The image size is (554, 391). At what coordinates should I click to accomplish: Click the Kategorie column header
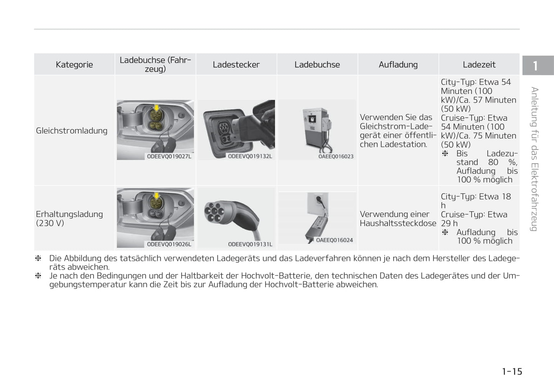pyautogui.click(x=74, y=64)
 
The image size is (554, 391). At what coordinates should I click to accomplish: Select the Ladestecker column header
pyautogui.click(x=236, y=64)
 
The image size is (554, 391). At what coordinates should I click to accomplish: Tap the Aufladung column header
pyautogui.click(x=398, y=64)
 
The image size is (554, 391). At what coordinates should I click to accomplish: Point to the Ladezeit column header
pyautogui.click(x=479, y=64)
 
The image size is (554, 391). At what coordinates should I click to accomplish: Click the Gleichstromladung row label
pyautogui.click(x=72, y=131)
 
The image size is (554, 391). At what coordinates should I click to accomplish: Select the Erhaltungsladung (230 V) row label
pyautogui.click(x=69, y=218)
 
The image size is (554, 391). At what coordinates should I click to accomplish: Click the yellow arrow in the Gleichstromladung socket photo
pyautogui.click(x=156, y=108)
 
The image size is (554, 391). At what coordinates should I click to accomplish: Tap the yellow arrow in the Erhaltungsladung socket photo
pyautogui.click(x=156, y=196)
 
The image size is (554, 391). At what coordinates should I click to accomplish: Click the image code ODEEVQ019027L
pyautogui.click(x=169, y=157)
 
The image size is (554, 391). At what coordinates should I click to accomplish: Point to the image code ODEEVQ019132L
pyautogui.click(x=250, y=157)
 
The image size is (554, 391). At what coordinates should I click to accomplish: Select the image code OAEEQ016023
pyautogui.click(x=336, y=157)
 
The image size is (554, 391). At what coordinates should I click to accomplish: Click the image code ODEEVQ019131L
pyautogui.click(x=250, y=244)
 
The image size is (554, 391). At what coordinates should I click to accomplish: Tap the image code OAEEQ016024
pyautogui.click(x=334, y=240)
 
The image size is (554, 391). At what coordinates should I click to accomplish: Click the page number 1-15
pyautogui.click(x=512, y=371)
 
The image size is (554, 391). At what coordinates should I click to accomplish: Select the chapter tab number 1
pyautogui.click(x=535, y=66)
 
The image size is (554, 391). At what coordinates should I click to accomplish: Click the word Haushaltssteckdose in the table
pyautogui.click(x=398, y=223)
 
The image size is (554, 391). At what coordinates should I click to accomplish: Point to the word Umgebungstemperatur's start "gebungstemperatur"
pyautogui.click(x=88, y=285)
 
